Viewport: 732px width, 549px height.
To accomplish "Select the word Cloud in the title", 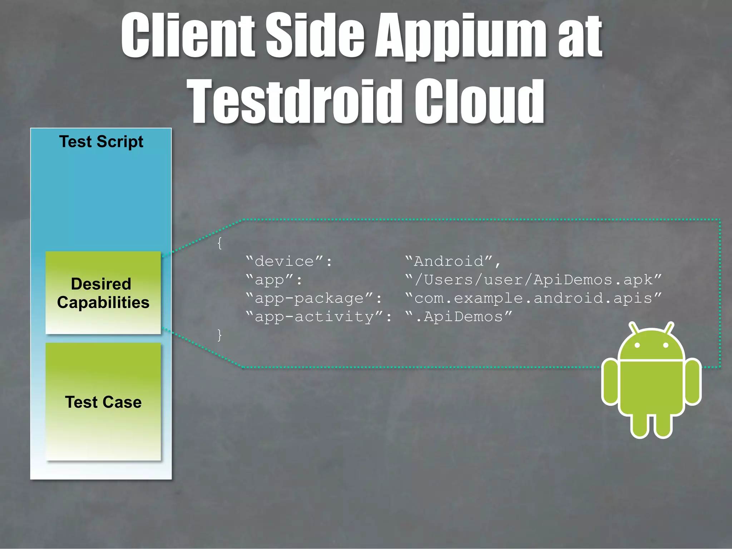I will [x=479, y=101].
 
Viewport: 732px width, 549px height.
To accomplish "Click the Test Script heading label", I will [x=101, y=142].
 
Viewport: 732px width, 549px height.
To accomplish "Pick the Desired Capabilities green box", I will [x=103, y=293].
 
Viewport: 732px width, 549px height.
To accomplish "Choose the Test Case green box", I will [x=103, y=402].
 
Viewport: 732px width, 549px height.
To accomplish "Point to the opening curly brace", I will [x=219, y=244].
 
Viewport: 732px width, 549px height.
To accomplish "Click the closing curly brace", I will [x=219, y=335].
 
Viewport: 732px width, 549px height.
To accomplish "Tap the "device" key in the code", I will [x=289, y=261].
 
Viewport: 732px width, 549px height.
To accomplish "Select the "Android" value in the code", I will [x=452, y=261].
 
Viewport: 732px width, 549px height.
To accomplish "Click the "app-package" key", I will [x=313, y=298].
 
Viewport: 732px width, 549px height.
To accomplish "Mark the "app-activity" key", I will [x=318, y=317].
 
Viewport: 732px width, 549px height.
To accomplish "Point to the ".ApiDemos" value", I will [x=459, y=317].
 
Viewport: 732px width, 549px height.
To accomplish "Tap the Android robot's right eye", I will [x=666, y=345].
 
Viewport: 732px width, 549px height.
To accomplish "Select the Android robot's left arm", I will [x=610, y=382].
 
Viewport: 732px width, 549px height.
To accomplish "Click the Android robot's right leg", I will [x=663, y=425].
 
